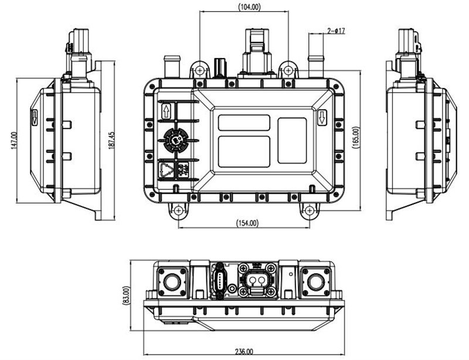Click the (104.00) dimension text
click(x=250, y=7)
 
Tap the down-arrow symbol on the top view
click(x=322, y=119)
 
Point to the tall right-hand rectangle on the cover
click(x=291, y=140)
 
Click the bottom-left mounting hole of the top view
click(x=178, y=210)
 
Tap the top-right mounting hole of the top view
click(x=287, y=71)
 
